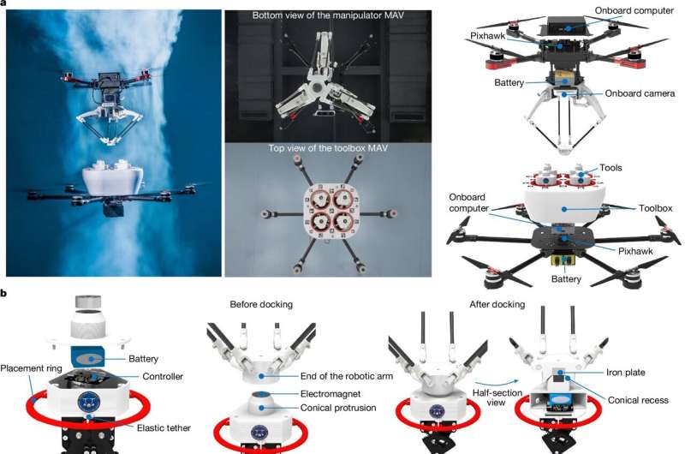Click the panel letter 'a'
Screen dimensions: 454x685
click(5, 3)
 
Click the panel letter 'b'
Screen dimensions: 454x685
click(5, 294)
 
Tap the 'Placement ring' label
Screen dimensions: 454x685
click(35, 369)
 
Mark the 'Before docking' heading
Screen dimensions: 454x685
click(261, 303)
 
